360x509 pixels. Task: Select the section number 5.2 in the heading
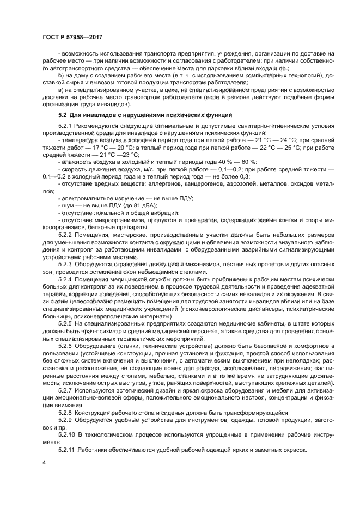[63, 115]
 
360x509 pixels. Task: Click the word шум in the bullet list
[68, 206]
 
